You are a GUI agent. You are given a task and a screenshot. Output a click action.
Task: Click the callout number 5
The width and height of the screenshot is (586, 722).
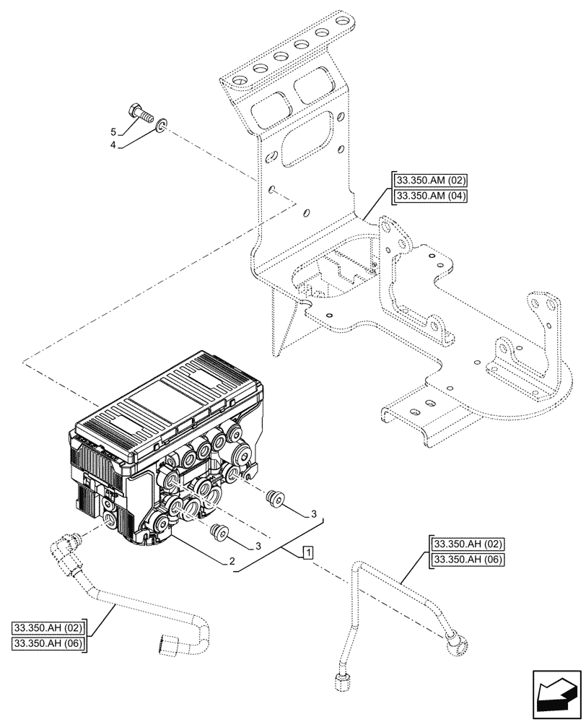click(113, 132)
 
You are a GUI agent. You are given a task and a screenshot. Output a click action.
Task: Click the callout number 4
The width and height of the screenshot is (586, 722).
click(113, 144)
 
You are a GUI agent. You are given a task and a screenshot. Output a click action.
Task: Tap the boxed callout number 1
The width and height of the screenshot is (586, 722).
click(308, 553)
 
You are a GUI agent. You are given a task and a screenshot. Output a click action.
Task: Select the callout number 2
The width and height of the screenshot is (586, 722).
click(232, 561)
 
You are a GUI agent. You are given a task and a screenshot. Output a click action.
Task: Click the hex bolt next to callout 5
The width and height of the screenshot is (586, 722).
click(140, 113)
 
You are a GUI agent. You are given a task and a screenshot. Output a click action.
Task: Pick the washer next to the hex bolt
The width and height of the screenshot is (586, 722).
click(164, 126)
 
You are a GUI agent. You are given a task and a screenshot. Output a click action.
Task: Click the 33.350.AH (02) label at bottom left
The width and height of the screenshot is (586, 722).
click(48, 627)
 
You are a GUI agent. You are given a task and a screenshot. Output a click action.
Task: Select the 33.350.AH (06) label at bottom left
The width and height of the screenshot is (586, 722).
click(48, 643)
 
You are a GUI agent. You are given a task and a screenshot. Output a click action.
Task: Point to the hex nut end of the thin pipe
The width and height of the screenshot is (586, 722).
click(340, 679)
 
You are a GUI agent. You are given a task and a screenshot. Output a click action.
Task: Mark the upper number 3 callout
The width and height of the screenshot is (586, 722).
click(313, 513)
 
